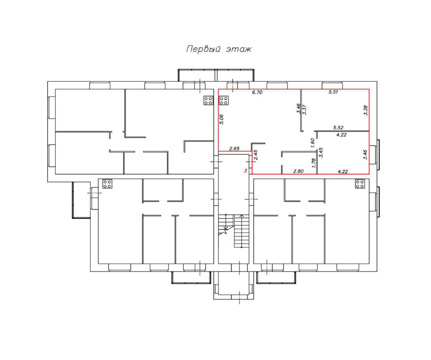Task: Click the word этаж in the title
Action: [238, 50]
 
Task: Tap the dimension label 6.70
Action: [256, 92]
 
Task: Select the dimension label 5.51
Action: [333, 92]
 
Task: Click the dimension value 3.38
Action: [366, 110]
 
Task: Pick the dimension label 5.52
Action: [338, 127]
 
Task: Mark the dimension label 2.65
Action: [234, 149]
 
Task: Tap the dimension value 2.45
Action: [256, 155]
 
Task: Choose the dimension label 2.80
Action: [299, 171]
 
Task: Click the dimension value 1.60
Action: [312, 142]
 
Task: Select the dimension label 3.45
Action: [321, 152]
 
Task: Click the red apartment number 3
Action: [246, 171]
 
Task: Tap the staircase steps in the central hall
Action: [241, 232]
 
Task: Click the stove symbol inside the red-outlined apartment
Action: [224, 101]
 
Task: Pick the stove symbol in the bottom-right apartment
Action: [360, 184]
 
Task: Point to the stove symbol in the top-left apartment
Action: [208, 101]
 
